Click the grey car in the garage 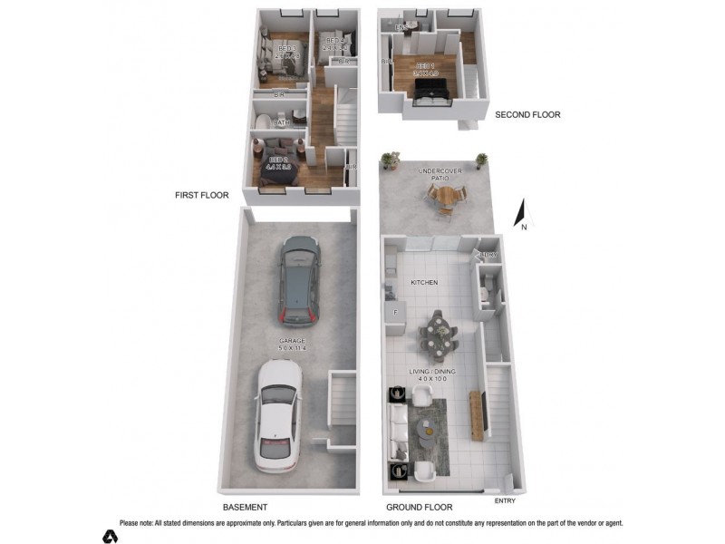[299, 282]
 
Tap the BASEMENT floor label [245, 508]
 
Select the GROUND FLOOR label [419, 508]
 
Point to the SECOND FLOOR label [527, 115]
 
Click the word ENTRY [506, 500]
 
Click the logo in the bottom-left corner [110, 536]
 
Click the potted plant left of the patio [391, 160]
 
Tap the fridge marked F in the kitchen [396, 313]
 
